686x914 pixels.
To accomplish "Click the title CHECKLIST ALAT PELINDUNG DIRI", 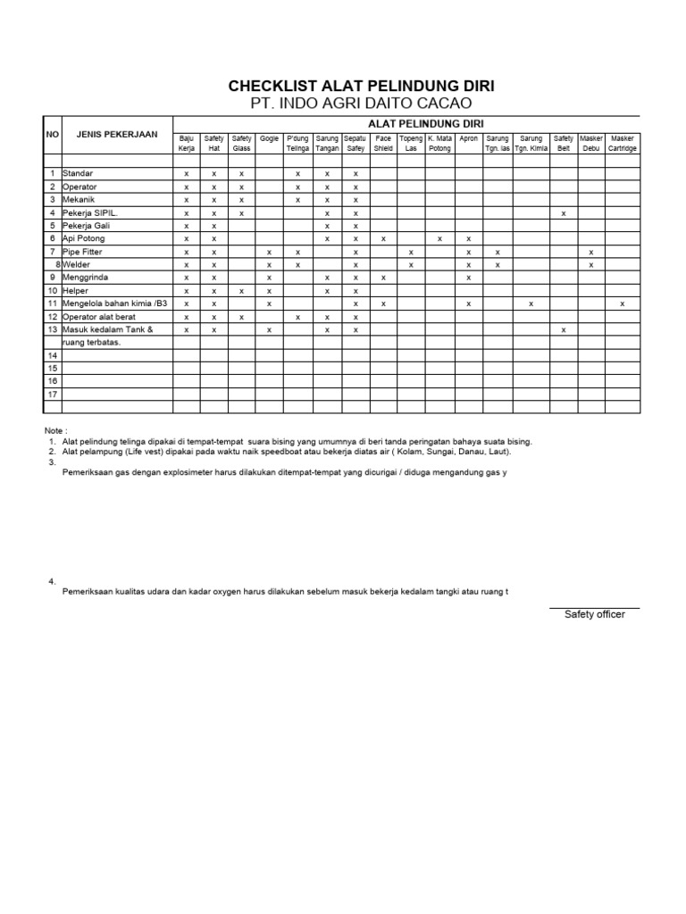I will pos(361,87).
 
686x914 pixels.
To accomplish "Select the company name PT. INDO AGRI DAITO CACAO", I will pos(361,104).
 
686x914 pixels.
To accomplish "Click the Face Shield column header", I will pos(383,143).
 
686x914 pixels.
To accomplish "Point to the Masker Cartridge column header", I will pos(623,143).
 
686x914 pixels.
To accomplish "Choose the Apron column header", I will pos(469,138).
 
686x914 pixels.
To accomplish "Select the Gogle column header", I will pos(269,138).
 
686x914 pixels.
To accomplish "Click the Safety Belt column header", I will pos(563,143).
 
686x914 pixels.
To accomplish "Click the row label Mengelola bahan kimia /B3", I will pos(114,304).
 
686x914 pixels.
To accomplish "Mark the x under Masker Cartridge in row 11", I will pos(623,304).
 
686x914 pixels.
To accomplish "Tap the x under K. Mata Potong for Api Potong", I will pos(439,239).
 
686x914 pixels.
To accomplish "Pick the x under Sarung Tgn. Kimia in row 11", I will pos(531,304).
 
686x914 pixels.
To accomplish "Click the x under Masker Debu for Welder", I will pos(590,265).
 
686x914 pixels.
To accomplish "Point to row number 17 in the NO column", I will pos(53,394).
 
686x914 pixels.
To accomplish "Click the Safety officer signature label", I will pos(594,614).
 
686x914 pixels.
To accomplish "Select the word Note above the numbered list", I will pos(55,430).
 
